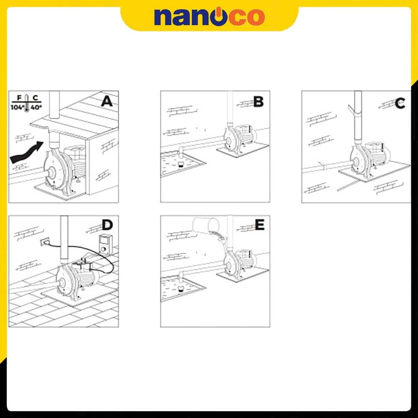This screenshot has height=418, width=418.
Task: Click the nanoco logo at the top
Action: pyautogui.click(x=209, y=17)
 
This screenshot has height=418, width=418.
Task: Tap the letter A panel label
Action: pyautogui.click(x=107, y=101)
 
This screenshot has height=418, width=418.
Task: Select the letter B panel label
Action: pyautogui.click(x=258, y=102)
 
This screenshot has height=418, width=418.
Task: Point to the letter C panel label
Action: pyautogui.click(x=400, y=103)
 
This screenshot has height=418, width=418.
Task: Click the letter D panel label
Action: pyautogui.click(x=107, y=225)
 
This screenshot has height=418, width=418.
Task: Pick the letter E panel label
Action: pyautogui.click(x=260, y=225)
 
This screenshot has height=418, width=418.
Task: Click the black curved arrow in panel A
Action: pyautogui.click(x=27, y=153)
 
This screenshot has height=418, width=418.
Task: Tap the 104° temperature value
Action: pyautogui.click(x=17, y=107)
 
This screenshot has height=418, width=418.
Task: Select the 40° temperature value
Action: pyautogui.click(x=36, y=107)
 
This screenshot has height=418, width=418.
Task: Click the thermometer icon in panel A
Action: pyautogui.click(x=26, y=103)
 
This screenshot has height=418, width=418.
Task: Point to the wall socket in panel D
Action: pyautogui.click(x=45, y=242)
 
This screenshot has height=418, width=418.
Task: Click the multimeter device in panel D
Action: pyautogui.click(x=105, y=244)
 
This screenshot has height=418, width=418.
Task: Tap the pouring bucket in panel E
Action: pyautogui.click(x=206, y=224)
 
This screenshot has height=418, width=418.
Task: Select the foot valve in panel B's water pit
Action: pyautogui.click(x=181, y=164)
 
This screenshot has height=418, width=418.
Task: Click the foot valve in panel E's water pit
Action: pyautogui.click(x=181, y=289)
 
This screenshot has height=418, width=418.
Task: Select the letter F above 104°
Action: pyautogui.click(x=19, y=98)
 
